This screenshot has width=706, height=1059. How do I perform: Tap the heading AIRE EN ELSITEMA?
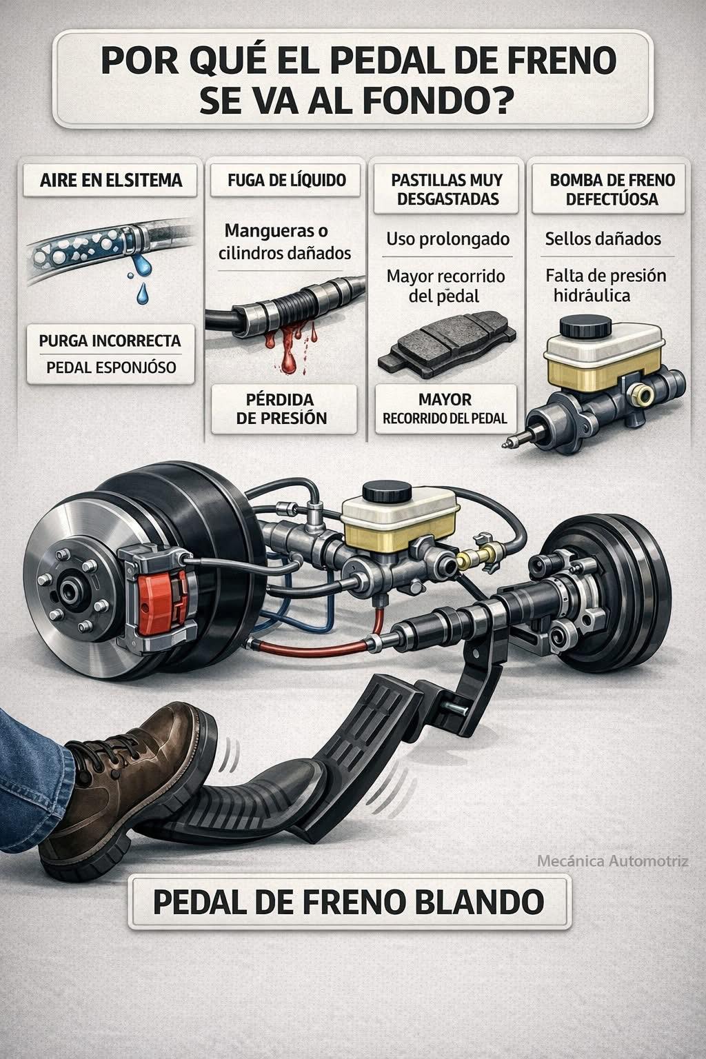click(x=110, y=180)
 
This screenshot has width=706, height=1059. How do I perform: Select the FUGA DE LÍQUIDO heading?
click(x=287, y=180)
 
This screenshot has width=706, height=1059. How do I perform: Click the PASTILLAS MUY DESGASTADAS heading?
click(x=447, y=189)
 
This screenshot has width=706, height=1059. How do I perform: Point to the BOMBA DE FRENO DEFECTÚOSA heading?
click(x=612, y=189)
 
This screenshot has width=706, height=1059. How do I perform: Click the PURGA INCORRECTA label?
click(x=110, y=341)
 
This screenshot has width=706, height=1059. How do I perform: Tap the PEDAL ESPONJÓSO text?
click(x=111, y=367)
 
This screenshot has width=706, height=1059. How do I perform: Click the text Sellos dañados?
click(x=603, y=239)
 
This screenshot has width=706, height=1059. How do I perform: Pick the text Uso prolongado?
click(x=448, y=239)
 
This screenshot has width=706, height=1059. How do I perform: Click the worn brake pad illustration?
click(x=447, y=343)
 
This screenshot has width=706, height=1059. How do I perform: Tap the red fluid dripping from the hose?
click(x=290, y=349)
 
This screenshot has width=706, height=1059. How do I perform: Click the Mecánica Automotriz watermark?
click(x=613, y=861)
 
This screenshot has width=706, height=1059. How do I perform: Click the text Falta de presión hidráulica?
click(x=605, y=285)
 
